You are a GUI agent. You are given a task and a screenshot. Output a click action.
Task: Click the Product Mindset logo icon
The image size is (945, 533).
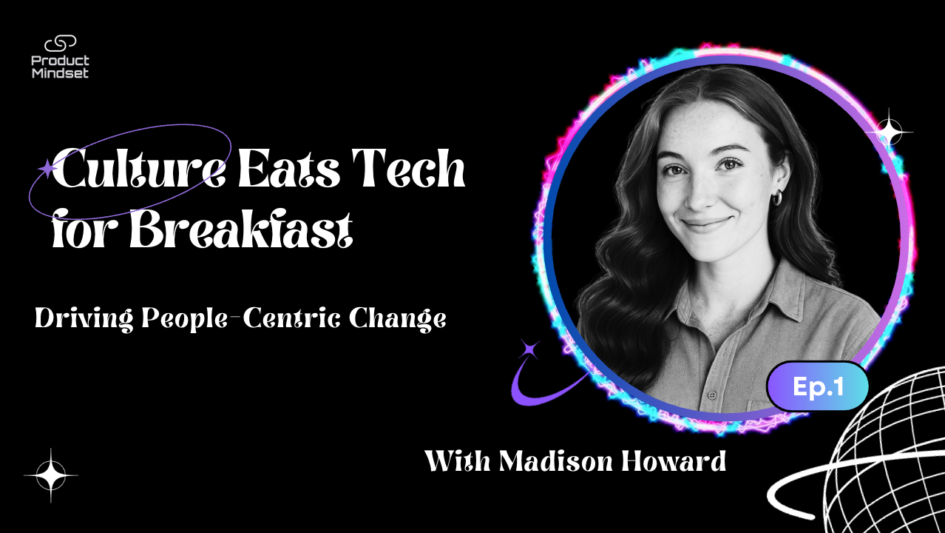pos(61,44)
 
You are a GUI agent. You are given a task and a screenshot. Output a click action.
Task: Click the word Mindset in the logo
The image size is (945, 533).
pos(61,73)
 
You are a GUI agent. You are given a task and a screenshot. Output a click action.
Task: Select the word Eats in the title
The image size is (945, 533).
pos(289,168)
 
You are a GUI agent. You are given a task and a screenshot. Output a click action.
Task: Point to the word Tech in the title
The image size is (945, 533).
pos(408,167)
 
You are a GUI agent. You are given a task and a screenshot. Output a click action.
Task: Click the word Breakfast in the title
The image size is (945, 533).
pos(240,229)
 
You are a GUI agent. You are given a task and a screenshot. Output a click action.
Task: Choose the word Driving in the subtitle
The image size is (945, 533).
pos(84,319)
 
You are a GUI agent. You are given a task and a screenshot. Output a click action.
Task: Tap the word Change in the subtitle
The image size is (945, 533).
pos(397,319)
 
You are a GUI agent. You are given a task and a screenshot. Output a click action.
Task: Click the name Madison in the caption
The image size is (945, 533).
pos(555,460)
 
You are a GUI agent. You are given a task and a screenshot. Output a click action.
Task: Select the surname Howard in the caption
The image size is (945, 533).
pos(674,460)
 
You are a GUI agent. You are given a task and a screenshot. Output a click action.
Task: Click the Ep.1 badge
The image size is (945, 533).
pos(818,386)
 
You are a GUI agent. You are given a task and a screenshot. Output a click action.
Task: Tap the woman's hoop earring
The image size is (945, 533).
pos(776,198)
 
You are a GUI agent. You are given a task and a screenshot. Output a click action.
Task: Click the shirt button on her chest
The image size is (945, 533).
pos(713,396)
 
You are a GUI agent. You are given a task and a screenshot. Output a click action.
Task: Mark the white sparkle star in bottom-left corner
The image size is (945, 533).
pos(51,475)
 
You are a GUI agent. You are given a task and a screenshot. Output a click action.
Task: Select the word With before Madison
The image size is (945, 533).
pos(457,460)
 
